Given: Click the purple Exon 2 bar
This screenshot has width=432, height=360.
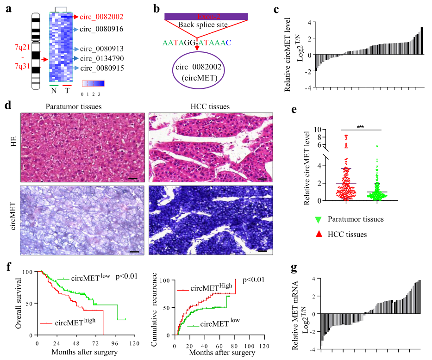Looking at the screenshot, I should point(206,17).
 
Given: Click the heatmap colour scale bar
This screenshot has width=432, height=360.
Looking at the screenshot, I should point(93,84).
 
